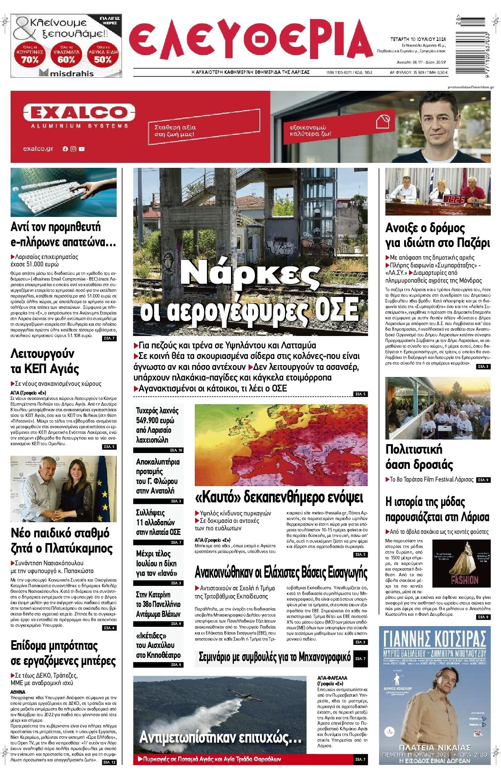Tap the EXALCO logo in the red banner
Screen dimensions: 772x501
point(75,113)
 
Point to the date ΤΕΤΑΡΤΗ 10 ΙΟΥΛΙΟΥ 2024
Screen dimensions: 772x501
point(418,40)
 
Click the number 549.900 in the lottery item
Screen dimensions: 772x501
point(150,420)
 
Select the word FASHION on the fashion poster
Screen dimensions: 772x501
point(464,579)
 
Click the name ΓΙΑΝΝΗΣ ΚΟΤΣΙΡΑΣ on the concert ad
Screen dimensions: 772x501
point(435,638)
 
